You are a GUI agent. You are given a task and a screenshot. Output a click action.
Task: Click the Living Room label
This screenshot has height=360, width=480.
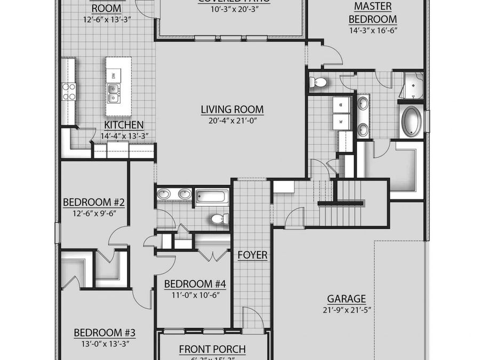pyautogui.click(x=232, y=110)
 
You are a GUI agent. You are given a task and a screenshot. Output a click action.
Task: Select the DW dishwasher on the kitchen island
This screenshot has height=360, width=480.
pyautogui.click(x=113, y=76)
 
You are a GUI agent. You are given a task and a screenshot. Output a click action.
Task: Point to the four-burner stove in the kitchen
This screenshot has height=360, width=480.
pyautogui.click(x=69, y=91)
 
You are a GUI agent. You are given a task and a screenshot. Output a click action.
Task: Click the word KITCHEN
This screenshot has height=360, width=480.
pyautogui.click(x=124, y=125)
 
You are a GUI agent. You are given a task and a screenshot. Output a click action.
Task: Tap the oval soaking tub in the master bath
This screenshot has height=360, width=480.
pyautogui.click(x=412, y=121)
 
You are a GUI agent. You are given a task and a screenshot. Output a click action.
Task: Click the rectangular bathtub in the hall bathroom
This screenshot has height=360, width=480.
pyautogui.click(x=212, y=197)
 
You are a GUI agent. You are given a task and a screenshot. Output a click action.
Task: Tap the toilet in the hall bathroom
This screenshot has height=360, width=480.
pyautogui.click(x=219, y=218)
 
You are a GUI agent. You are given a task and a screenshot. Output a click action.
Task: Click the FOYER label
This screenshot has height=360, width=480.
pyautogui.click(x=252, y=255)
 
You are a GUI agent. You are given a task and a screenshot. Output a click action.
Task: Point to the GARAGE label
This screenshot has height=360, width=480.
pyautogui.click(x=346, y=299)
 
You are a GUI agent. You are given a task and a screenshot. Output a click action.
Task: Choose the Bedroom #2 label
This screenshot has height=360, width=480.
pyautogui.click(x=94, y=203)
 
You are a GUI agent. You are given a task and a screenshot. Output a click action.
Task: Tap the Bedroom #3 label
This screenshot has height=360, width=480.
pyautogui.click(x=105, y=333)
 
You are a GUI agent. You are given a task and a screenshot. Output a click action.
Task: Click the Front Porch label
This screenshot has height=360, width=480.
pyautogui.click(x=212, y=349)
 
